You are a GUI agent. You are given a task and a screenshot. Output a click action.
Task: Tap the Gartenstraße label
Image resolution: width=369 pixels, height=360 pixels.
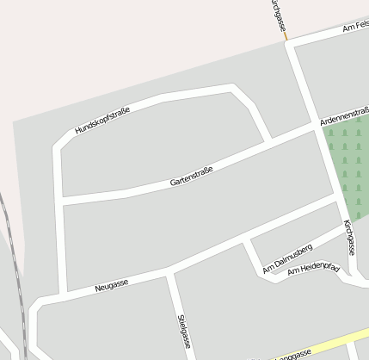click(191, 176)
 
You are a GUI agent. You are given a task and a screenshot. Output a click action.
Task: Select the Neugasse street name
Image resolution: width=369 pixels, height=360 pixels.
click(112, 285)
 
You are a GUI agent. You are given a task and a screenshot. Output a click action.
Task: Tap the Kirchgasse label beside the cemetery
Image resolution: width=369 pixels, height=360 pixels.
click(348, 236)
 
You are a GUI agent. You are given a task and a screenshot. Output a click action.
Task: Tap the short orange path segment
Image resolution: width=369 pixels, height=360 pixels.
click(284, 35)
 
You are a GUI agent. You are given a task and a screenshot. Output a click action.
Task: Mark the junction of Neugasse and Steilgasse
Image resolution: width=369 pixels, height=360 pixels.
click(169, 275)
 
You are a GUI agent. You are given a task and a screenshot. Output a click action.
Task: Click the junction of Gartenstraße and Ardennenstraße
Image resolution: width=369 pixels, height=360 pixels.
click(314, 127)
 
